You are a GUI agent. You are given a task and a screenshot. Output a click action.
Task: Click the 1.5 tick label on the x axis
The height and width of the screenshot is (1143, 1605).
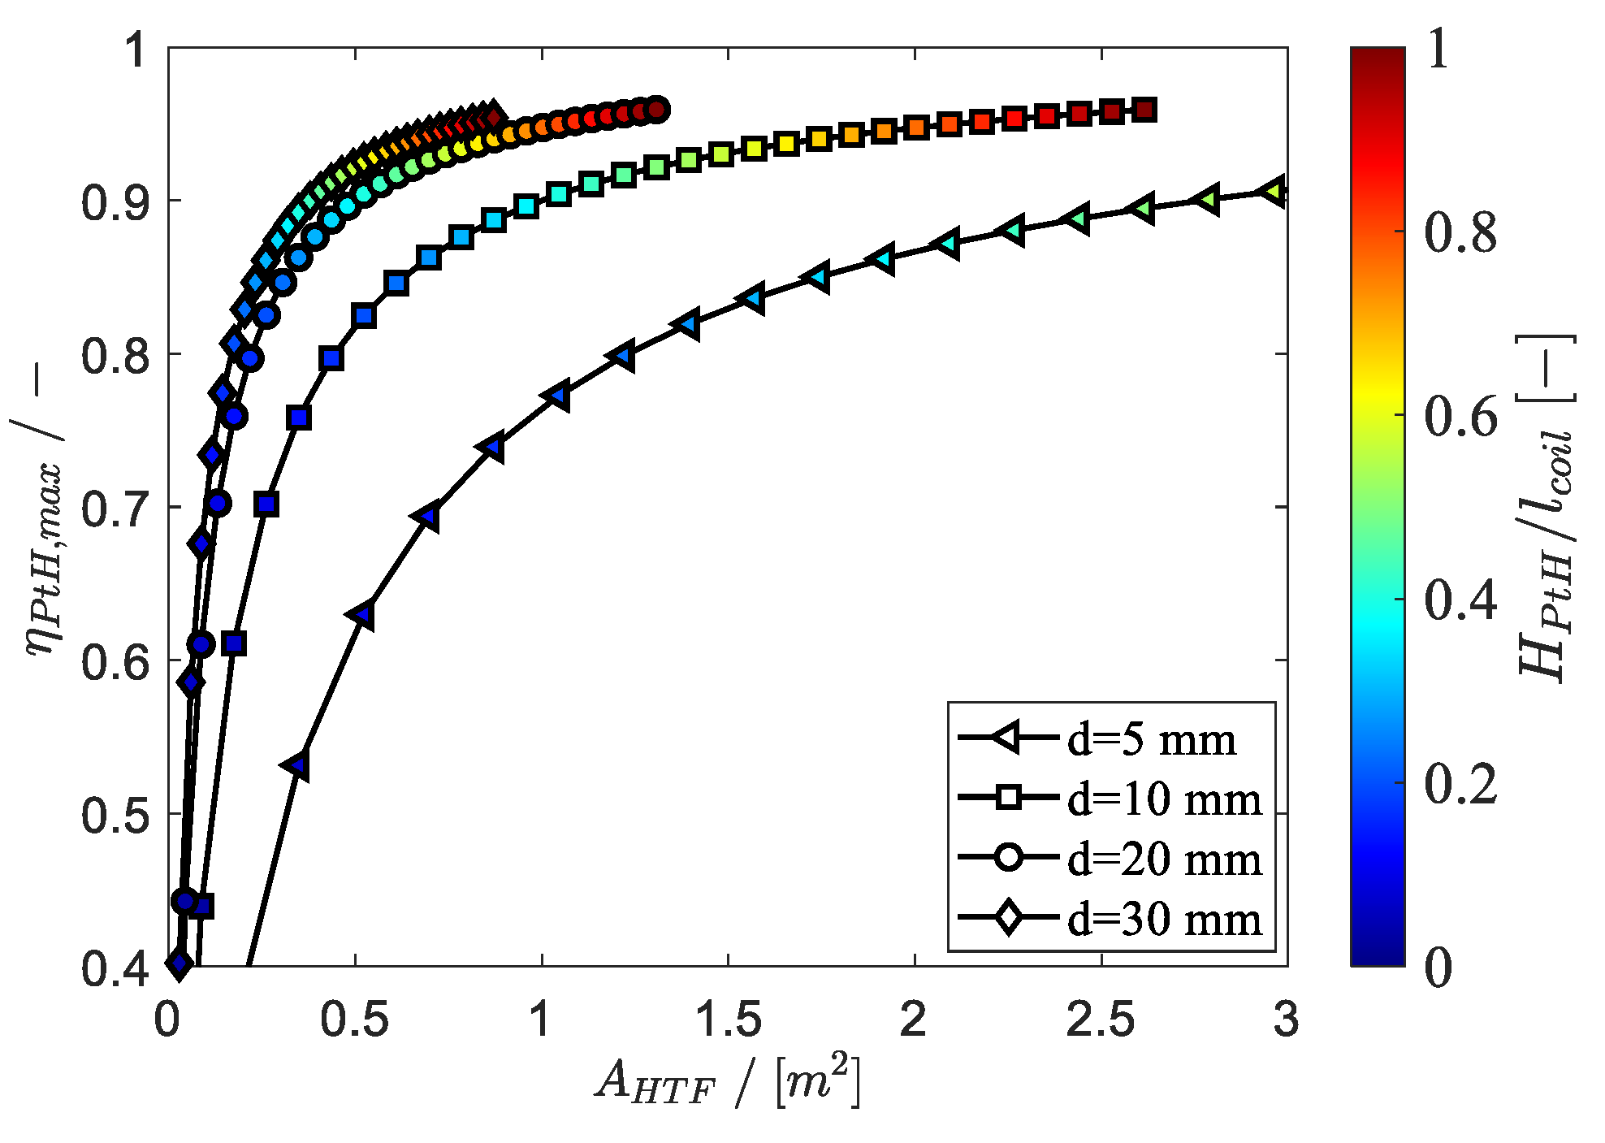click(x=728, y=1019)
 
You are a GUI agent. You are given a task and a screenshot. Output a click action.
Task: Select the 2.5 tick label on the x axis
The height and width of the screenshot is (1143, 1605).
click(x=1101, y=1019)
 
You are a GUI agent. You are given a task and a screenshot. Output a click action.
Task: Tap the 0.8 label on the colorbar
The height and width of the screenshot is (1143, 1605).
click(x=1460, y=232)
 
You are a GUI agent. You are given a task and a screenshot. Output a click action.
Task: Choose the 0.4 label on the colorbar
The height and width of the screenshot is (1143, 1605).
click(x=1460, y=600)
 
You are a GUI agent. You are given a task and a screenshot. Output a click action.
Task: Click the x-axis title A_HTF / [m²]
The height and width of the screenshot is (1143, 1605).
click(x=728, y=1083)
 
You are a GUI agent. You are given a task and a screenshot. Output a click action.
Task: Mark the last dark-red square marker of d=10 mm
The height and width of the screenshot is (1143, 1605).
click(x=1144, y=110)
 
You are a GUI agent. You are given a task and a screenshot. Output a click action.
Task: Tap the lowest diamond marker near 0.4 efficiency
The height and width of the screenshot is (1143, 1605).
click(x=180, y=963)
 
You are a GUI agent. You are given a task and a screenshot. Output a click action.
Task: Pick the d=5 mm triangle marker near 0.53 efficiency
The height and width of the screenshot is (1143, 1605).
click(x=297, y=765)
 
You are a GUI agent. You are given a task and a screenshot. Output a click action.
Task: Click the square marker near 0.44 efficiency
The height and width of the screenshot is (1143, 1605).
click(x=202, y=906)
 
